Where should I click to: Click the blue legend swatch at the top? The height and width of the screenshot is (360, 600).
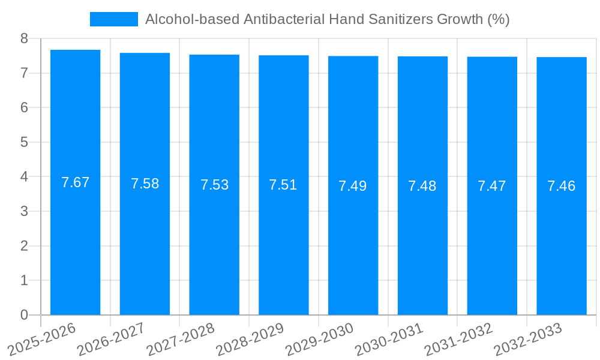tap(113, 19)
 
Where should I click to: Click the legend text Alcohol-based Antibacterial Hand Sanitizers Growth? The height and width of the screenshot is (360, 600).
tap(327, 19)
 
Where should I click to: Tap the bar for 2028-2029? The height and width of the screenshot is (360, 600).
tap(283, 240)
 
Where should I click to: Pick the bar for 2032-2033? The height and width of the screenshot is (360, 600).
tap(562, 240)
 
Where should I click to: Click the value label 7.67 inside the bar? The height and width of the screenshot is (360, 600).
tap(75, 182)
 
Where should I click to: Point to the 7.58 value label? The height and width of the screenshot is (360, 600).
tap(145, 184)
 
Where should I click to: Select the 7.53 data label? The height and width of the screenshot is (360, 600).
tap(214, 185)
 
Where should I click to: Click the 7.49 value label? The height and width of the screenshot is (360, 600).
tap(353, 186)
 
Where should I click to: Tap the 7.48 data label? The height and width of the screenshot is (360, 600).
tap(422, 186)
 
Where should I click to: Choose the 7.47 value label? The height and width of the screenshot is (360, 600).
tap(492, 186)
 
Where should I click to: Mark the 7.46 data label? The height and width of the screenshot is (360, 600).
tap(562, 186)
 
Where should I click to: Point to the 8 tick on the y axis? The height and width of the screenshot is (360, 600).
tap(24, 38)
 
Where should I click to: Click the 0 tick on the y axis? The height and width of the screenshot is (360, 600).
tap(24, 315)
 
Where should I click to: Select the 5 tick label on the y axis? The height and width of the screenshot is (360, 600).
tap(24, 142)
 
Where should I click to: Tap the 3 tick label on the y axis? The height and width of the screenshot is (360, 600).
tap(24, 211)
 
